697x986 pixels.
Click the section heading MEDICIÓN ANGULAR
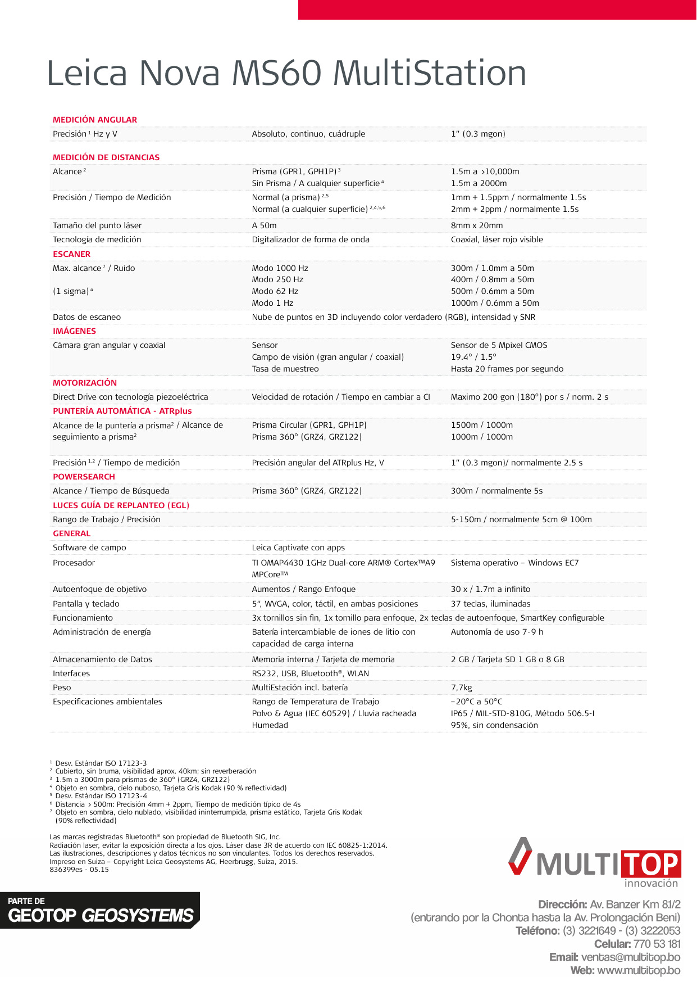[95, 120]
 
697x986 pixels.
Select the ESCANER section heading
[71, 254]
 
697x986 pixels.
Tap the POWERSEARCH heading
[84, 477]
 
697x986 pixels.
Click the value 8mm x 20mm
[477, 225]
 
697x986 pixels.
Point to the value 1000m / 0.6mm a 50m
[495, 303]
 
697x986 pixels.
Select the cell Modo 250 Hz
[277, 279]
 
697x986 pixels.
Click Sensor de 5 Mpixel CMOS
[499, 345]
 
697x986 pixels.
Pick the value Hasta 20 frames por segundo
[507, 369]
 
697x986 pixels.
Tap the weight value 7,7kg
[462, 688]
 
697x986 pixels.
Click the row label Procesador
[74, 563]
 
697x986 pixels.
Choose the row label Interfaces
[71, 673]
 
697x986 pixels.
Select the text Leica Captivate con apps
[298, 548]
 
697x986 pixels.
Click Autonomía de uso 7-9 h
[497, 632]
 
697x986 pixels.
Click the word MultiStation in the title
[430, 73]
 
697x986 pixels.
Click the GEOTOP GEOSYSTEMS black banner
[100, 910]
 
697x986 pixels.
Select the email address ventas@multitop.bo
[630, 957]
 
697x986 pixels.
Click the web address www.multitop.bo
[639, 970]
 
